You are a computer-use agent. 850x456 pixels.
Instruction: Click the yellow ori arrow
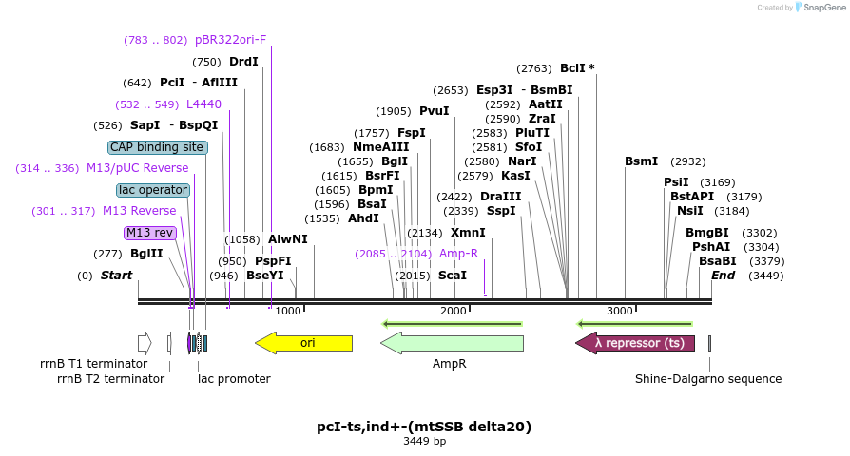point(304,343)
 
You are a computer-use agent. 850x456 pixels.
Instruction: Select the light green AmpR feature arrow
point(452,343)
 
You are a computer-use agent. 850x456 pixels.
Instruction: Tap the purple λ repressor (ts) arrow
point(635,343)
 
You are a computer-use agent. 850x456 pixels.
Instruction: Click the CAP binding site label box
point(157,147)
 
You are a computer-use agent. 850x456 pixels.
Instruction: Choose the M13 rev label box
point(150,233)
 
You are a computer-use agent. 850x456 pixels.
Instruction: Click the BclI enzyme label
point(572,68)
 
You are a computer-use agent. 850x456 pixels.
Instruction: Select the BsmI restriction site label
point(642,161)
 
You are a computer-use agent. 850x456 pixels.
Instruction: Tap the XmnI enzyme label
point(468,233)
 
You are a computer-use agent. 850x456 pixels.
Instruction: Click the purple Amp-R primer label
point(458,254)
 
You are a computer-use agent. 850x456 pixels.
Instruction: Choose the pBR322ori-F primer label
point(230,40)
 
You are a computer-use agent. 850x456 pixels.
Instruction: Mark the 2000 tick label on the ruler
point(454,311)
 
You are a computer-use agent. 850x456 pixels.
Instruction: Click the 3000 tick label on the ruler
point(620,311)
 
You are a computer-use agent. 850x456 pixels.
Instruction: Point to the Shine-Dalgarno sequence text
point(708,379)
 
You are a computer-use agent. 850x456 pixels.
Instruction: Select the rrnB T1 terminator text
point(93,364)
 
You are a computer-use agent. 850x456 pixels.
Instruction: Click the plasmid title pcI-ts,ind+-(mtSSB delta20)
point(424,427)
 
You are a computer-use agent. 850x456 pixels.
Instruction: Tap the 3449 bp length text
point(424,442)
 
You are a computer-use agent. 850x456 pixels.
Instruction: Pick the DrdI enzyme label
point(243,62)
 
